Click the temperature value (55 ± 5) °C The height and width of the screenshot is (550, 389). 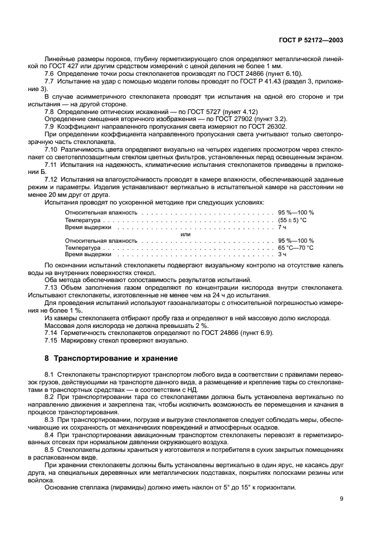tap(296, 219)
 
